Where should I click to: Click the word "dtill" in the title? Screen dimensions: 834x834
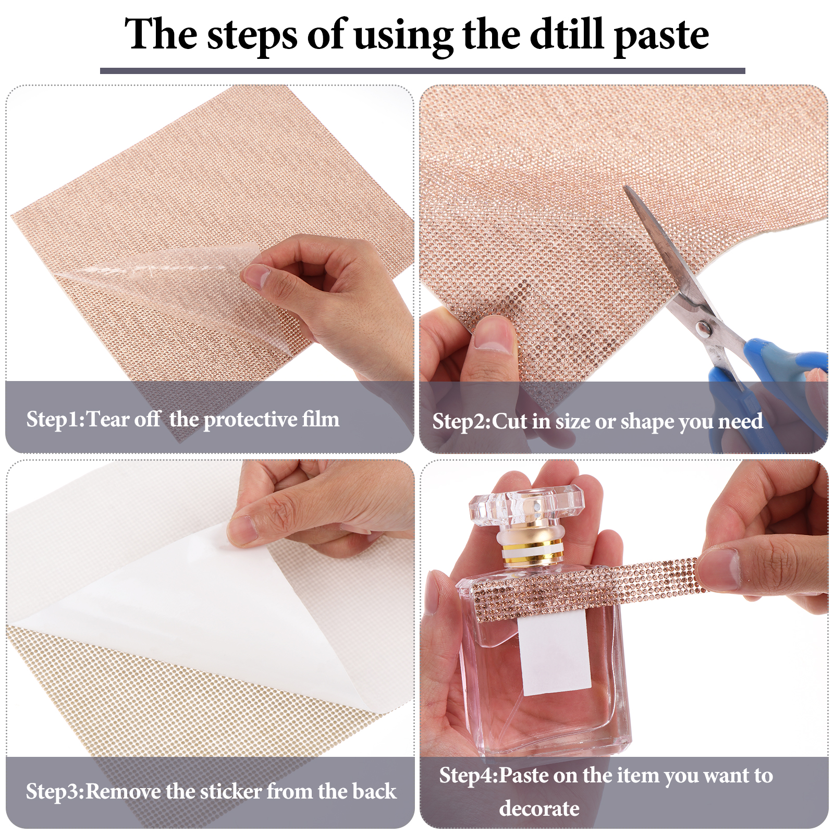coord(567,35)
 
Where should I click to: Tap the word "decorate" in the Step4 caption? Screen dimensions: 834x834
coord(539,808)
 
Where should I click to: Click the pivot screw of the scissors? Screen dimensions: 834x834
coord(704,328)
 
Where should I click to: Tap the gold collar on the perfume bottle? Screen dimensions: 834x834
coord(532,552)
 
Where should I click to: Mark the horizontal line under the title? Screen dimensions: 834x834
coord(423,71)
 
